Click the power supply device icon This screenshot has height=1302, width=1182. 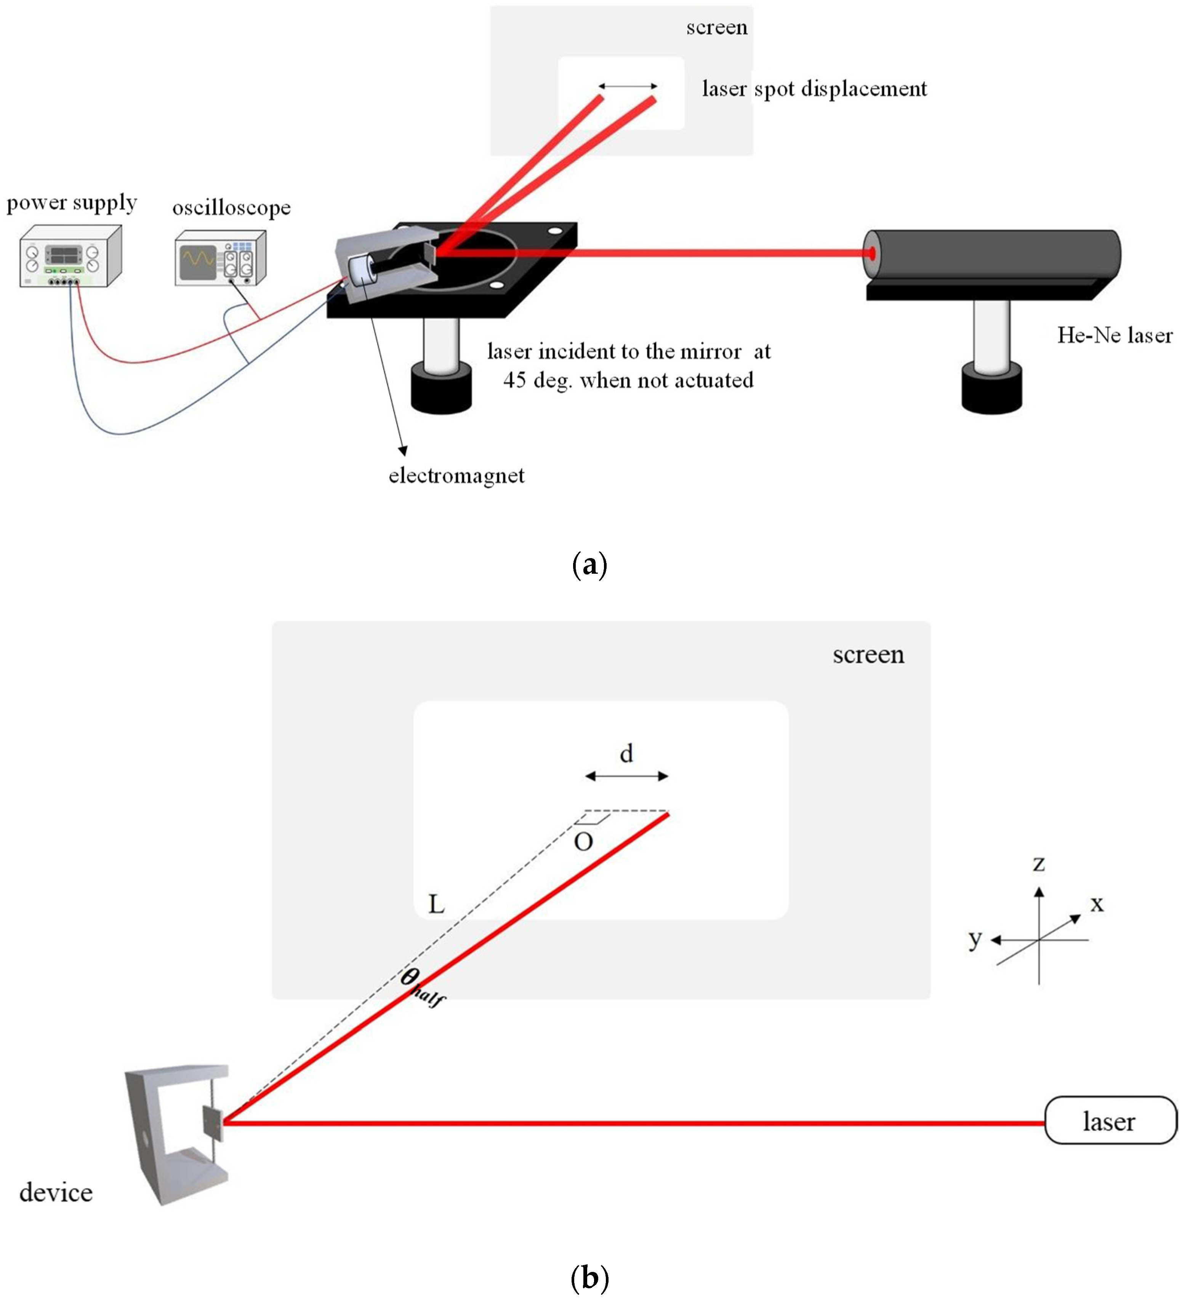70,256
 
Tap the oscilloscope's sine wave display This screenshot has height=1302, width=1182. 198,260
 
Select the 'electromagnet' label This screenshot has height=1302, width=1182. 456,476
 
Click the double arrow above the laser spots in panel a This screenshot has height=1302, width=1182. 628,86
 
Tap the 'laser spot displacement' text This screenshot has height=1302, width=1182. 814,88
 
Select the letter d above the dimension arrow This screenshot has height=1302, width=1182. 626,753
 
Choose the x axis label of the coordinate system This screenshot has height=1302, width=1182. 1097,903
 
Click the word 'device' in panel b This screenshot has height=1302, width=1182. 56,1193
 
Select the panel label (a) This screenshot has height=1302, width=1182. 589,565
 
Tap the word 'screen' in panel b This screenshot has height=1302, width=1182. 868,655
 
